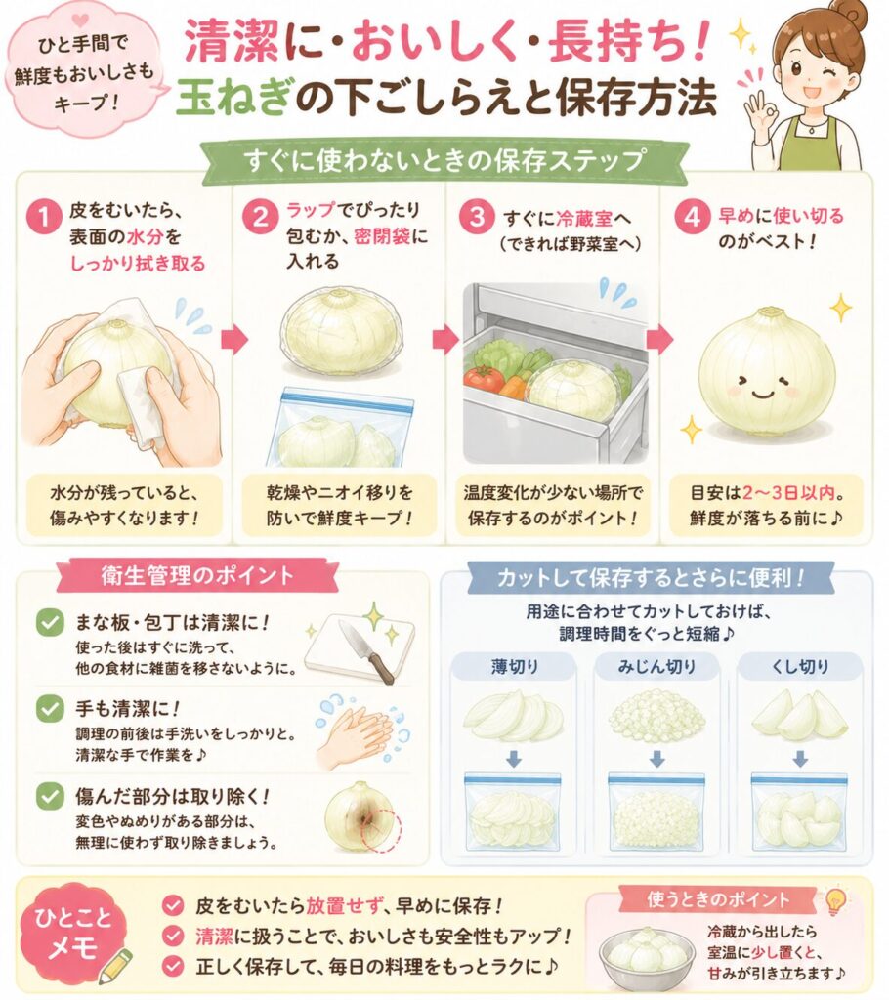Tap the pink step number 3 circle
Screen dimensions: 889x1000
[477, 218]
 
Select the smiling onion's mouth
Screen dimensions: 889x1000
[763, 393]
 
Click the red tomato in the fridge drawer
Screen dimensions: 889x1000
[485, 378]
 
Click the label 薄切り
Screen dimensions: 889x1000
[515, 667]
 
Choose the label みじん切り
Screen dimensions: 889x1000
[656, 667]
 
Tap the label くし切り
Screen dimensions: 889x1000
[800, 667]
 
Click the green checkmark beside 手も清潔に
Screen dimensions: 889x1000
[49, 709]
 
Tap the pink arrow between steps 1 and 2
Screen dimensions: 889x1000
[234, 340]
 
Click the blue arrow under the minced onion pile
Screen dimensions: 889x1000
[656, 759]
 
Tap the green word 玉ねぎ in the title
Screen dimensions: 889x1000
[234, 99]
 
